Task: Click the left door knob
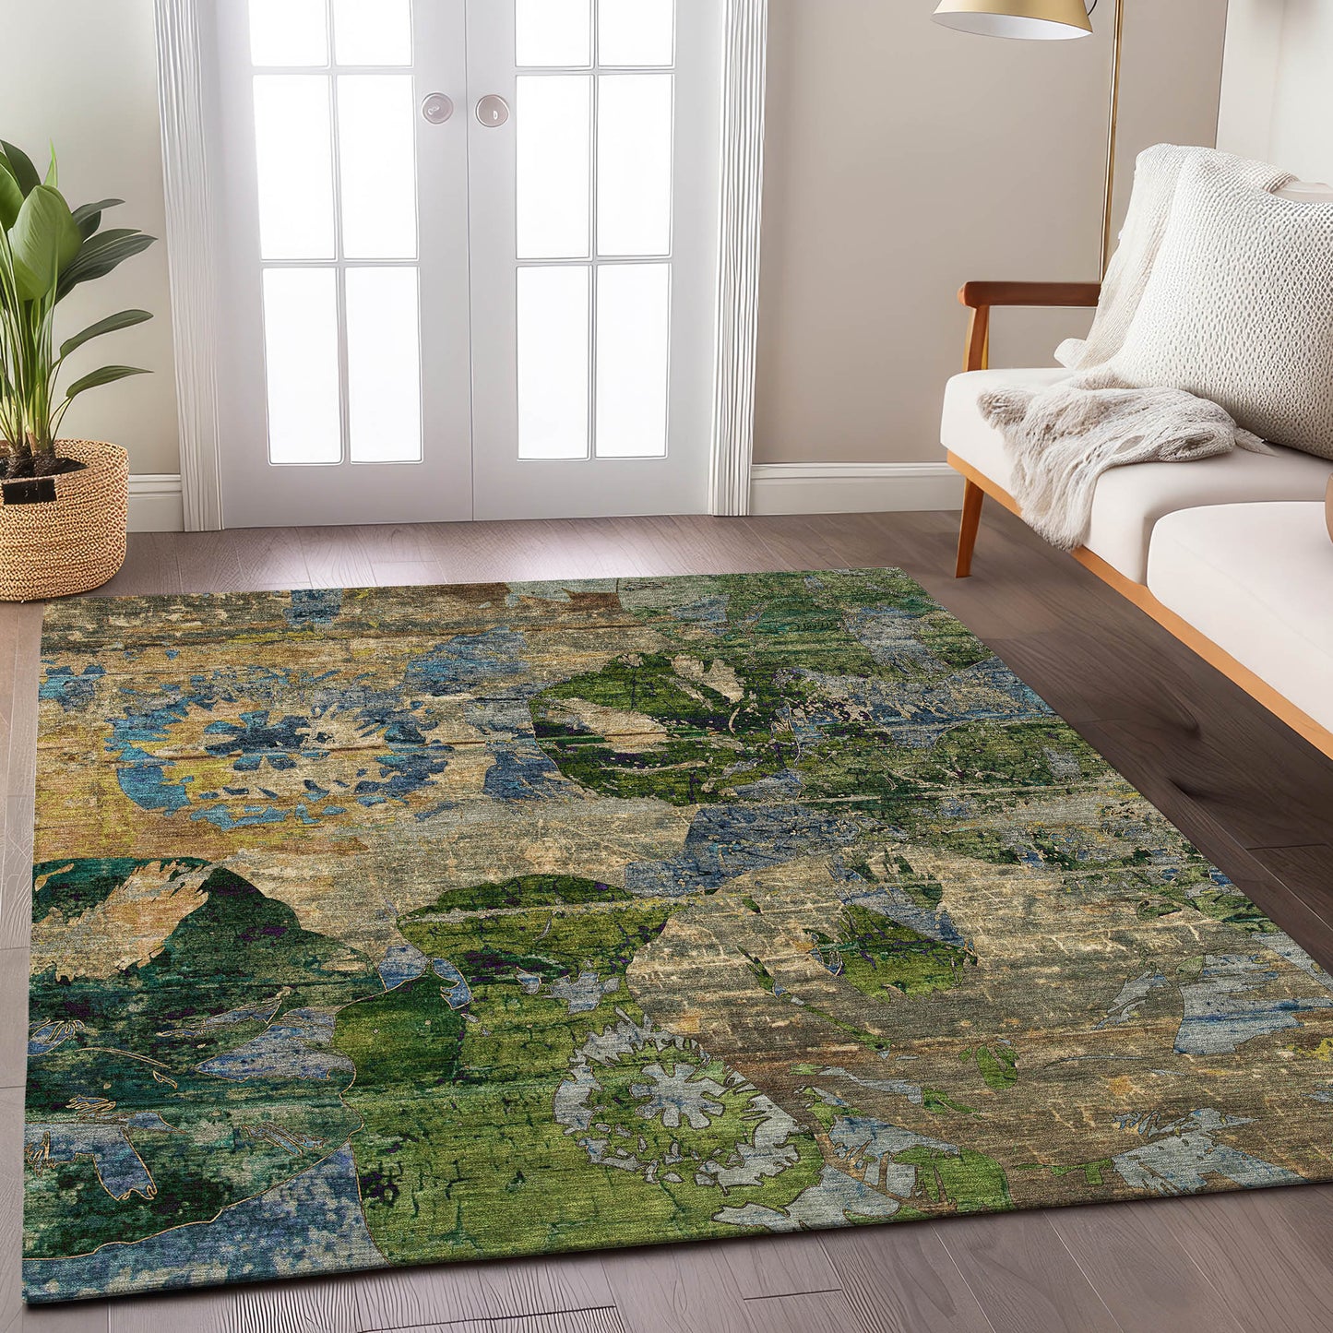point(436,108)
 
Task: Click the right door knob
point(492,110)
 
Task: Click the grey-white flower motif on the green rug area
point(678,1098)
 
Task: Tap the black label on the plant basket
point(30,491)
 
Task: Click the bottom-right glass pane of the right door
point(631,360)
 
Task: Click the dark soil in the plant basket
point(42,463)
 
